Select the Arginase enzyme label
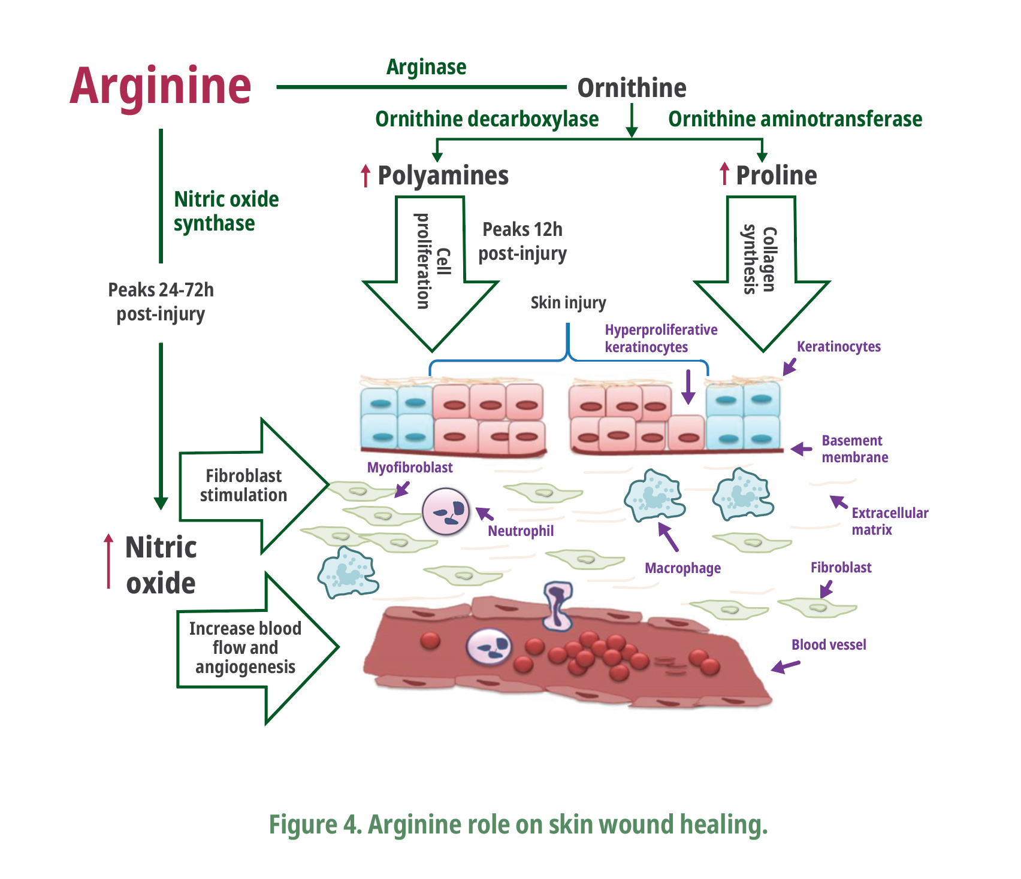tap(426, 66)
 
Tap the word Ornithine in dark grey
tap(632, 88)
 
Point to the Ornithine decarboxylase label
tap(487, 119)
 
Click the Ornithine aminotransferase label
tap(795, 119)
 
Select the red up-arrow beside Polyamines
tap(365, 176)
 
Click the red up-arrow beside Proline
tap(724, 174)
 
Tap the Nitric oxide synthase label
tap(226, 211)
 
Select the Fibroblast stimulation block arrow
tap(252, 485)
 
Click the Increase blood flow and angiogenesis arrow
tap(255, 648)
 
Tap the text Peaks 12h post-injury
tap(522, 241)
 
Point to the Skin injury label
tap(568, 302)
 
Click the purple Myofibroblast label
tap(410, 467)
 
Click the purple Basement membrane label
tap(854, 449)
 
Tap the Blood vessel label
tap(829, 644)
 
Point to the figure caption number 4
tap(349, 825)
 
